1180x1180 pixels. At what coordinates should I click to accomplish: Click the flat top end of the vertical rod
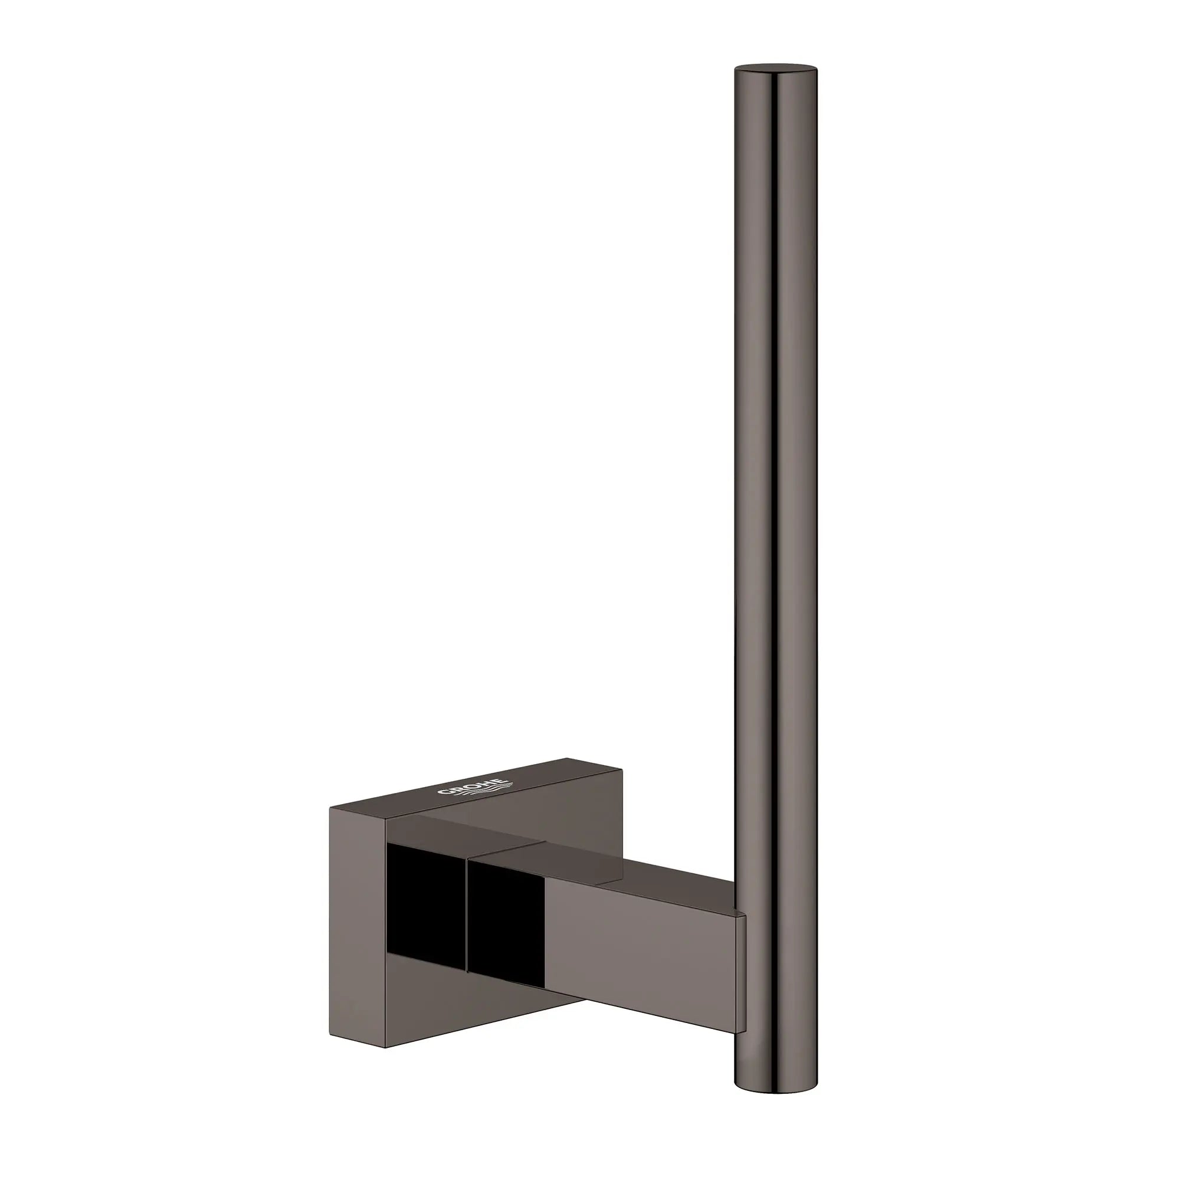[x=775, y=69]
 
